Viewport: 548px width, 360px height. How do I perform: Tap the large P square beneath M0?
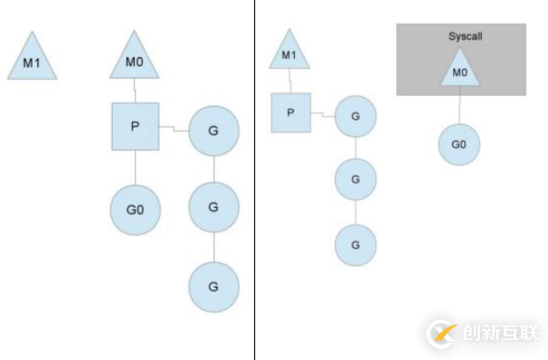tap(134, 126)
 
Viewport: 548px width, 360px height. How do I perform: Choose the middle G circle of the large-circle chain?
tap(213, 207)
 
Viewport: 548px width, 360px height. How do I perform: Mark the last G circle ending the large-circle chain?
tap(213, 287)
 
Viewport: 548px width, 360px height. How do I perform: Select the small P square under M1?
tap(290, 113)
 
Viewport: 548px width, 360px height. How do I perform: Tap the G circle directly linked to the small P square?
tap(355, 117)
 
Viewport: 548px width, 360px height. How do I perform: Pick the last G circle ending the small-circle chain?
tap(355, 244)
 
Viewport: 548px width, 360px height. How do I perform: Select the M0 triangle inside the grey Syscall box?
tap(459, 67)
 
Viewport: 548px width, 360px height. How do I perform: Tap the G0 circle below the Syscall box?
tap(458, 145)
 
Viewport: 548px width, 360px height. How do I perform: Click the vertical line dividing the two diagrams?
tap(254, 181)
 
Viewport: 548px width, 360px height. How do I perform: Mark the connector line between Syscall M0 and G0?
tap(459, 106)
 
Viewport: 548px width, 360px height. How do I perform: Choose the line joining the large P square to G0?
tap(135, 166)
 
